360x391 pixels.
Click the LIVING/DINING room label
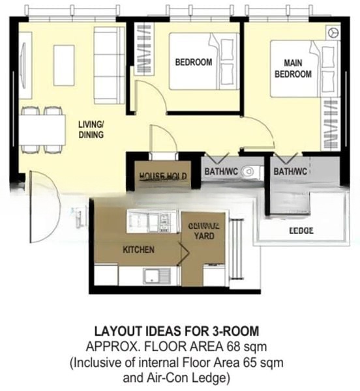click(x=91, y=130)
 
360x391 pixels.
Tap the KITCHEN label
click(x=138, y=250)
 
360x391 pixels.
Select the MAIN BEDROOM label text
click(x=293, y=69)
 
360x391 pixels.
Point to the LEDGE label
click(x=301, y=231)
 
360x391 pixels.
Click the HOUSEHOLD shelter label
click(x=163, y=177)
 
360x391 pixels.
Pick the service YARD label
click(x=203, y=231)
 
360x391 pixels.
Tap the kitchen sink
click(x=151, y=274)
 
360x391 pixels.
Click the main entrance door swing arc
click(x=42, y=205)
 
